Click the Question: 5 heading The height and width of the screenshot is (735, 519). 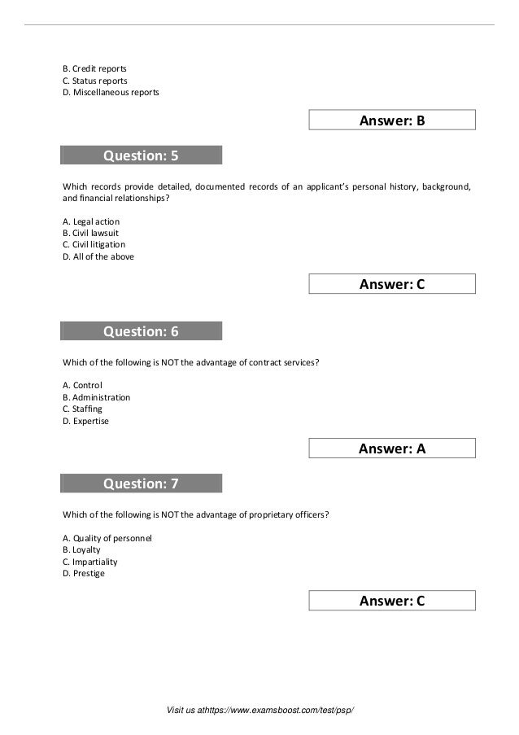click(141, 155)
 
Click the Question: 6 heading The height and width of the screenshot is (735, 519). click(141, 331)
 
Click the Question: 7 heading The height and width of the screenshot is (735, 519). click(141, 484)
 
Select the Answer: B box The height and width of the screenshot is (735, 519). click(392, 121)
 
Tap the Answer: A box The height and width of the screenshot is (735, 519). click(392, 448)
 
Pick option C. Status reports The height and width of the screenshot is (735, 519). click(94, 81)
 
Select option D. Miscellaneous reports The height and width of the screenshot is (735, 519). click(111, 93)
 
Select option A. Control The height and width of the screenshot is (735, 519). click(83, 385)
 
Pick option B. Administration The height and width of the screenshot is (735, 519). click(96, 397)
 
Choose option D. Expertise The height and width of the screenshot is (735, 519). click(85, 421)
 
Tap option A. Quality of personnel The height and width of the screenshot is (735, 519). click(107, 538)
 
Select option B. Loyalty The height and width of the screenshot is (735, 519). click(81, 549)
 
